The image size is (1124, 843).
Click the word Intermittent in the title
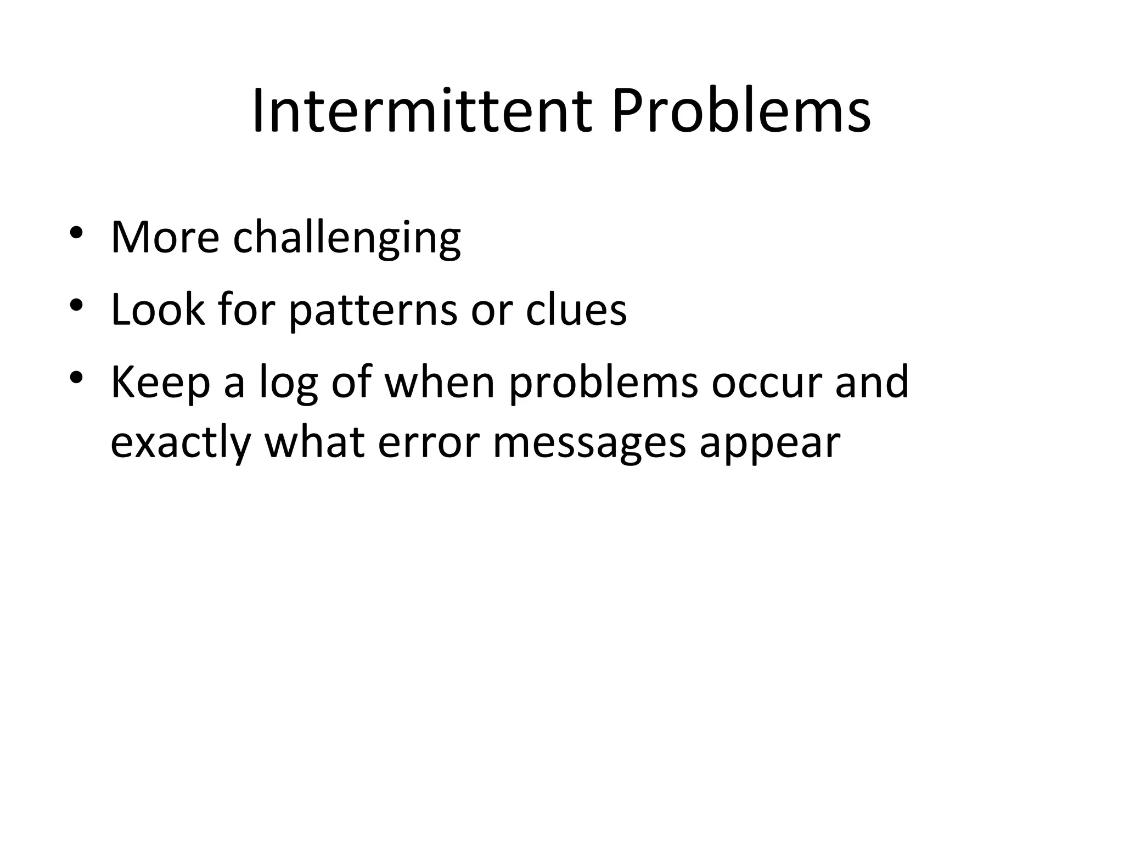coord(422,112)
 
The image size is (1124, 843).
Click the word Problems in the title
coord(741,112)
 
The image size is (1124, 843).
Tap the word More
coord(165,238)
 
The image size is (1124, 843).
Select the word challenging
coord(346,239)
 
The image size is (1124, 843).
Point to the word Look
coord(158,310)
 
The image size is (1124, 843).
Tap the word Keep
coord(160,383)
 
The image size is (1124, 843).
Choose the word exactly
coord(181,443)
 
